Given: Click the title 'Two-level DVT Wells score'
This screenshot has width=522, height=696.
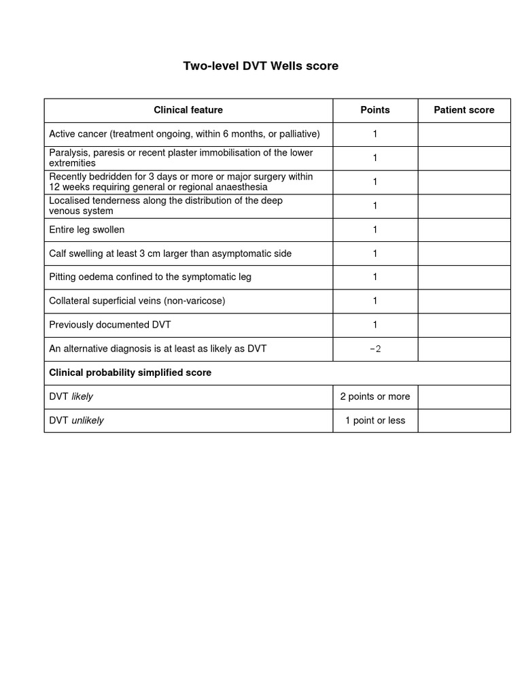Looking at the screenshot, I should (260, 66).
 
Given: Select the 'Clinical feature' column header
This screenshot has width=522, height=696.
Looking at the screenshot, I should (188, 110).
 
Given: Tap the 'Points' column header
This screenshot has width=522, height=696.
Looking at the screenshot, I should (375, 110).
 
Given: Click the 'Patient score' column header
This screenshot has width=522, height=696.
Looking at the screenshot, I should (464, 110).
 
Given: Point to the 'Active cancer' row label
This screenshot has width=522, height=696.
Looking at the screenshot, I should (184, 134).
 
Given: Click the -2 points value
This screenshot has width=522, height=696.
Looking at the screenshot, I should (375, 349).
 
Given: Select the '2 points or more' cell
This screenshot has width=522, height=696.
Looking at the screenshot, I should (375, 396).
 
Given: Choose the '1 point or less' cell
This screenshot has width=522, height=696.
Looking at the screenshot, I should (375, 421).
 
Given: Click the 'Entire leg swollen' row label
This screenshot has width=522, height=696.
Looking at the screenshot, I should (87, 230).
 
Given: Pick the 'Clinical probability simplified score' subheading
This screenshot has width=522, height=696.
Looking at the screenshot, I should (130, 372).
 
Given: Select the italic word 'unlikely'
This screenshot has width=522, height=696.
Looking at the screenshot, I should (88, 421).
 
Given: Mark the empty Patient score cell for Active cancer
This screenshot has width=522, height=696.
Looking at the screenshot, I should (464, 134).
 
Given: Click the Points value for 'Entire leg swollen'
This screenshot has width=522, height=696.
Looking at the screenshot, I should (375, 230).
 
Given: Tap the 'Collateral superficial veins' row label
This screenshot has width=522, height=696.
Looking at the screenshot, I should (137, 300).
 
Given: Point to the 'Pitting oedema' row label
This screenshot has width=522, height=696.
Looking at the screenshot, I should (150, 277).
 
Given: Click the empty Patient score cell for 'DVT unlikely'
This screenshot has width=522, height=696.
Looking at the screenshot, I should (464, 421).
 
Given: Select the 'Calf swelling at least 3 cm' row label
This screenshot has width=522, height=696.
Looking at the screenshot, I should (170, 254).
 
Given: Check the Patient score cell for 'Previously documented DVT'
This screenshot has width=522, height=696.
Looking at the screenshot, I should (464, 325).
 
